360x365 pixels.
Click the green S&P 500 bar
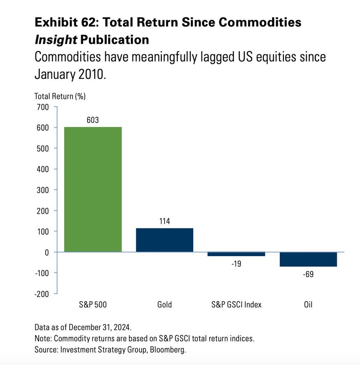click(93, 189)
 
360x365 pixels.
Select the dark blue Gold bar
click(165, 240)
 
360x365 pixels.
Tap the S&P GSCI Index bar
click(236, 254)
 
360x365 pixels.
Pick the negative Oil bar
click(308, 259)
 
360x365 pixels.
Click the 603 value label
click(93, 120)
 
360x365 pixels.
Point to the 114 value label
click(165, 221)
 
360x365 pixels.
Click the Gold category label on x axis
click(165, 304)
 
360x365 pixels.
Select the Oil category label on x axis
click(308, 304)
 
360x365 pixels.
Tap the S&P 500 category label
click(93, 304)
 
